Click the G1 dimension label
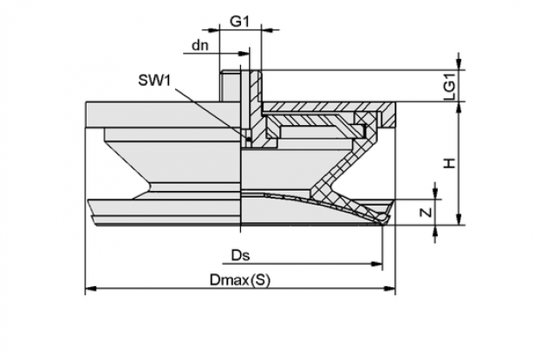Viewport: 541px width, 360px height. click(239, 22)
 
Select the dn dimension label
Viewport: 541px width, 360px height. click(200, 45)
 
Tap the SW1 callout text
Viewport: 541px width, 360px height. click(154, 81)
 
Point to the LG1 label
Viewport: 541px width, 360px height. click(450, 86)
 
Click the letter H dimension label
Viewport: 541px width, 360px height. click(450, 163)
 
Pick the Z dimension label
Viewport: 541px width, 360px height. click(427, 212)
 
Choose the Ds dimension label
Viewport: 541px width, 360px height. click(240, 256)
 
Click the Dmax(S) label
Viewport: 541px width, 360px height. click(240, 280)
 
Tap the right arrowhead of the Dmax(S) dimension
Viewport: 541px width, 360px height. click(390, 288)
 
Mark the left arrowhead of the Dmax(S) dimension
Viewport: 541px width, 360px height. click(91, 288)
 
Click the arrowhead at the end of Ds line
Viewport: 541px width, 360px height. click(377, 264)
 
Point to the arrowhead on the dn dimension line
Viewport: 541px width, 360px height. click(244, 54)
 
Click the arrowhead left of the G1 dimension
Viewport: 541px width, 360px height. click(214, 30)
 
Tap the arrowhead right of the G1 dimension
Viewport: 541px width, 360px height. click(267, 30)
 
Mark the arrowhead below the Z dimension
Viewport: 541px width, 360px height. click(435, 231)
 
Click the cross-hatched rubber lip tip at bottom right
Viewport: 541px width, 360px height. click(384, 218)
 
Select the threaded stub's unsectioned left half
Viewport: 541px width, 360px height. click(231, 86)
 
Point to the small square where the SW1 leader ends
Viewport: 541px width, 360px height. click(248, 140)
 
